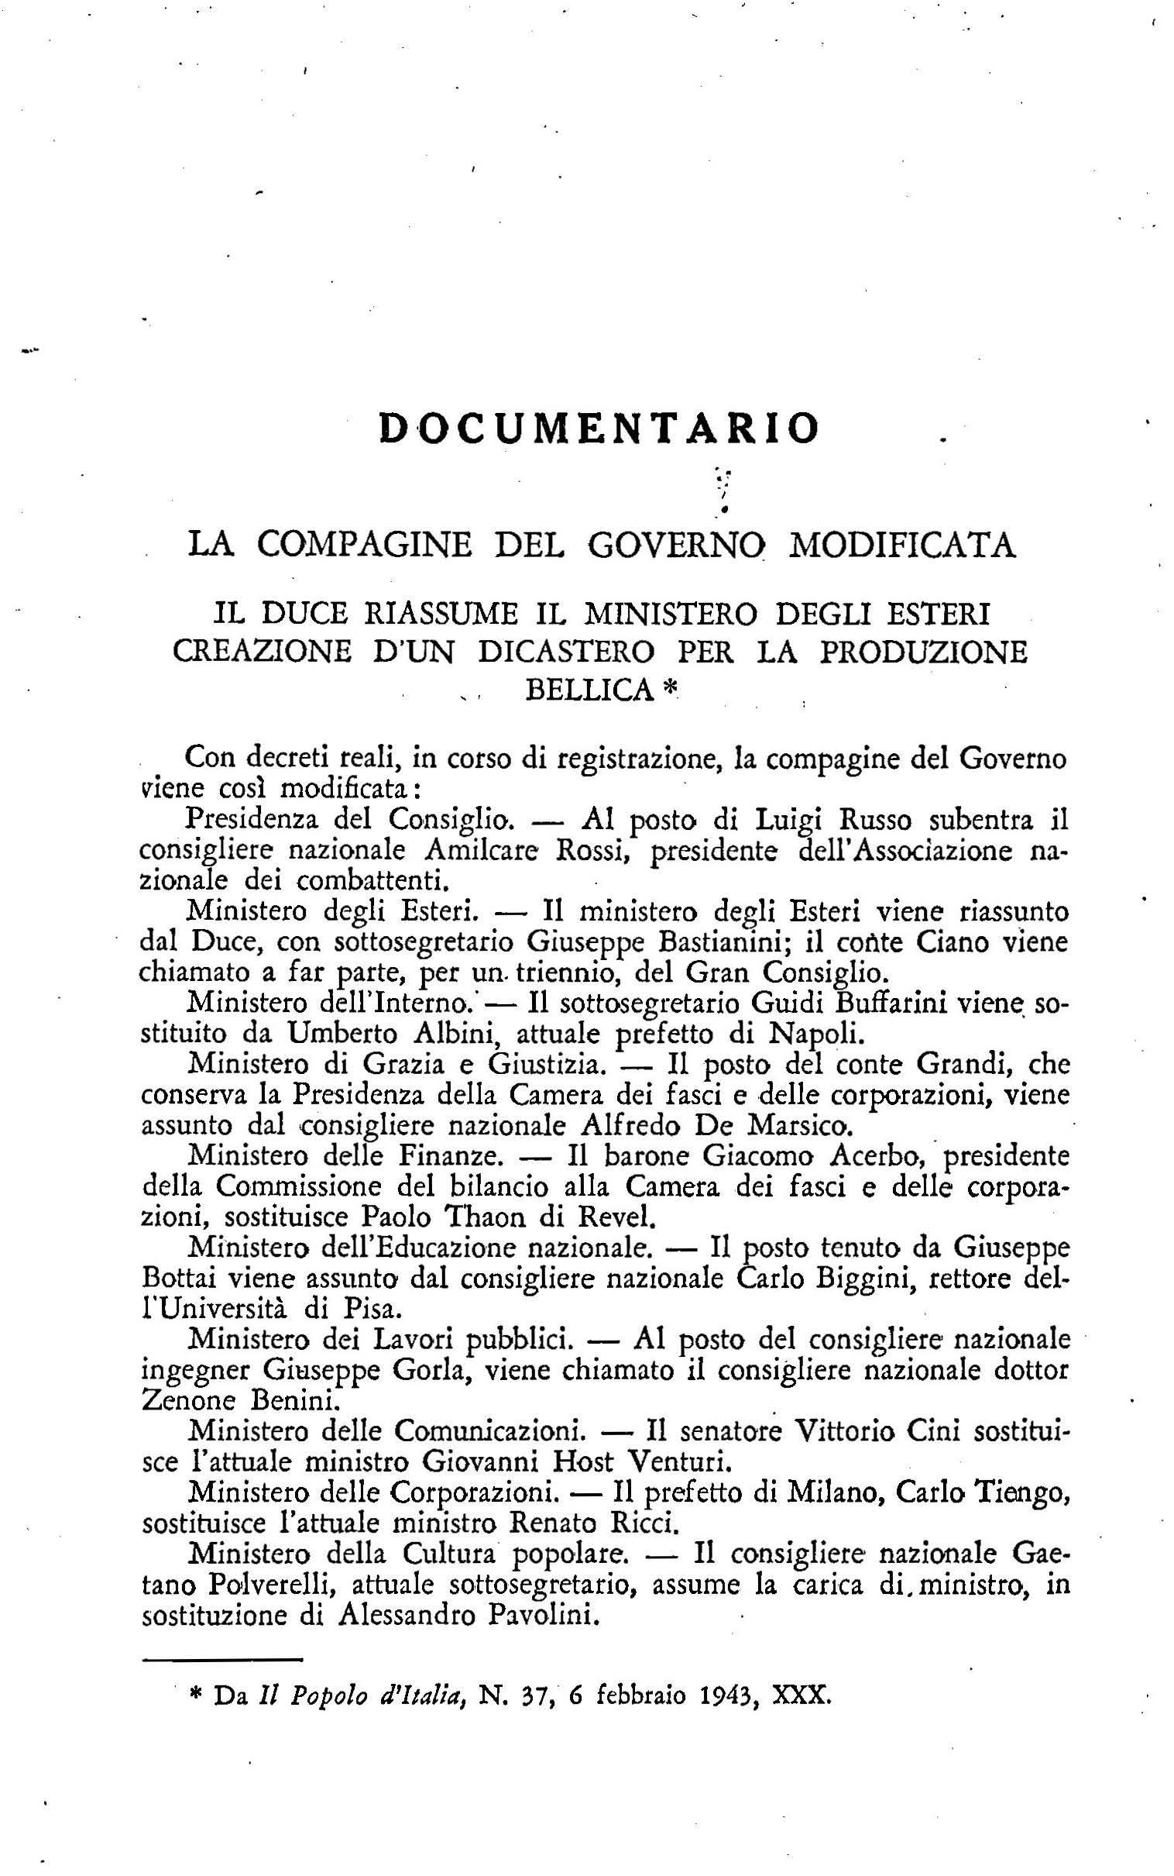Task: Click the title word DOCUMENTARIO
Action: pos(599,428)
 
